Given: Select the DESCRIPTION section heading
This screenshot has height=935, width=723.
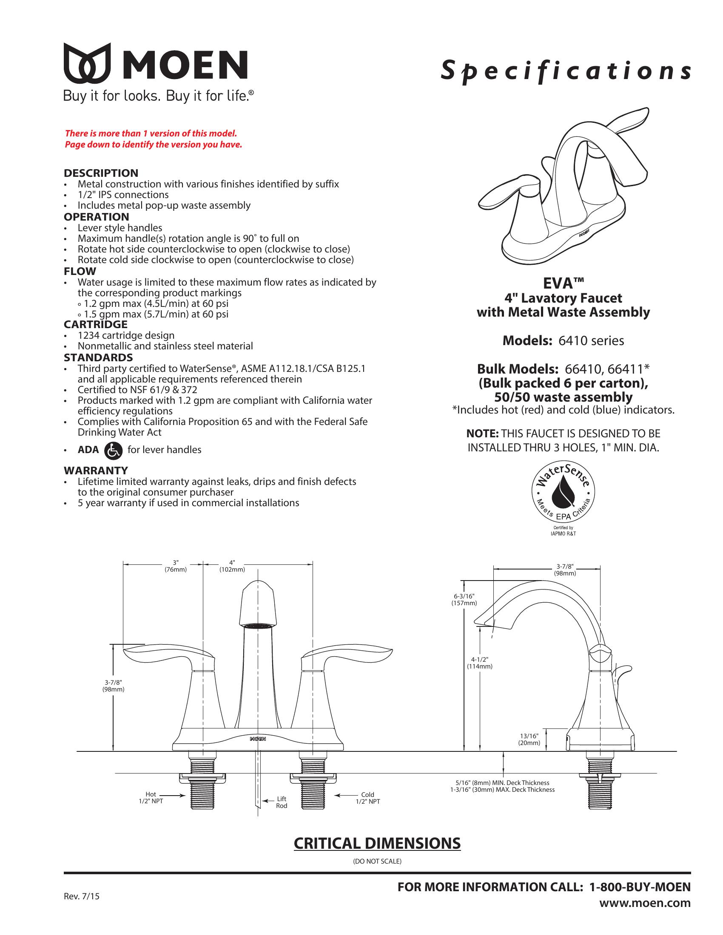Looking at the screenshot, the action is point(101,173).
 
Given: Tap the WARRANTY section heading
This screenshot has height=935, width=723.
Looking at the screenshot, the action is point(96,470).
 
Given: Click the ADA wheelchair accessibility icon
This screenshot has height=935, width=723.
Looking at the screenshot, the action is point(113,450).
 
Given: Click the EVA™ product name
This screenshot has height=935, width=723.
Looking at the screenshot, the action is point(563,283).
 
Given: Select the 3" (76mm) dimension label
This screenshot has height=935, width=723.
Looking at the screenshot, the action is point(176,566).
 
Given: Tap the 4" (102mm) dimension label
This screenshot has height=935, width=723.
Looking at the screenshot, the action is point(232,566).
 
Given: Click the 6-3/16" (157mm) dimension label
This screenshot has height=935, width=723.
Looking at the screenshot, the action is point(464,599).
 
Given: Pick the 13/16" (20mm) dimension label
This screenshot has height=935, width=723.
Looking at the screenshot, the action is point(529,739).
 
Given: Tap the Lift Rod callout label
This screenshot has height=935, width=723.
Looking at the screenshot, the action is point(282,802).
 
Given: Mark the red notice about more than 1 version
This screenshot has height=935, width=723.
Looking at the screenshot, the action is point(154,139).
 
